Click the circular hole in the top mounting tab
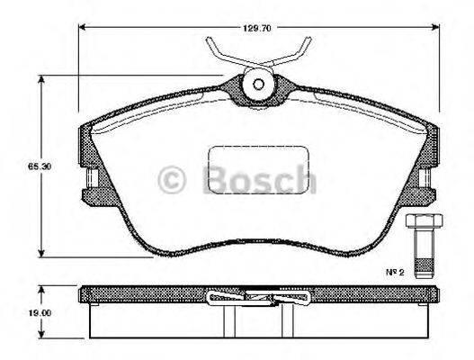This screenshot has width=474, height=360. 259,84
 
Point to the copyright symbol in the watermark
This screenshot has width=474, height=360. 171,178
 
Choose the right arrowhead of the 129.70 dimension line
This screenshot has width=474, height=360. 437,26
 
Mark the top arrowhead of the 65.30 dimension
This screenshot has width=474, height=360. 41,80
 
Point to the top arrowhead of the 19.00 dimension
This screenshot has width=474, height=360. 42,290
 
